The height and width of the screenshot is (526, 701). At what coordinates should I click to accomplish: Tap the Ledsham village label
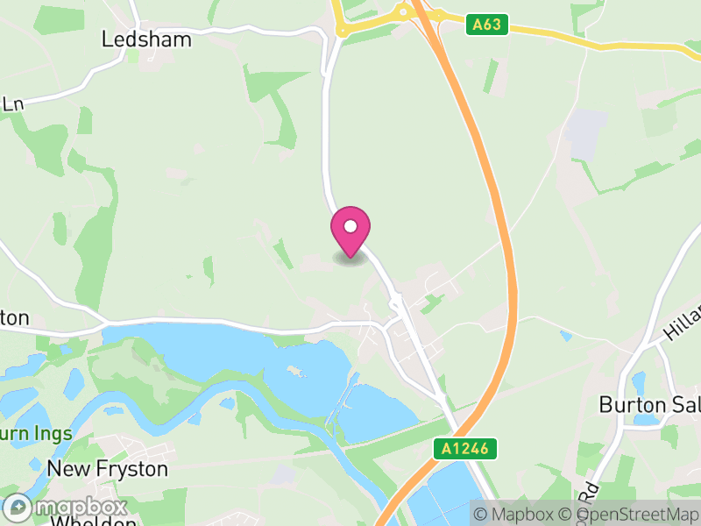click(x=146, y=39)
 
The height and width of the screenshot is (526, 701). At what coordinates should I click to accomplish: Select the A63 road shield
click(x=486, y=25)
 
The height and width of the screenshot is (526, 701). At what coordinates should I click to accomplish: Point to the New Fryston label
click(x=107, y=469)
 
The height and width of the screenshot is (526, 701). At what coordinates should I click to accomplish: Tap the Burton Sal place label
click(x=649, y=404)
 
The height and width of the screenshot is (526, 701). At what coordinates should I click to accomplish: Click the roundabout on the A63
click(x=402, y=11)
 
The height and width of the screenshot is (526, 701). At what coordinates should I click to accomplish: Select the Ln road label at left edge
click(x=11, y=103)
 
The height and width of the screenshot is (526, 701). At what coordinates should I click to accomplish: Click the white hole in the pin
click(x=350, y=226)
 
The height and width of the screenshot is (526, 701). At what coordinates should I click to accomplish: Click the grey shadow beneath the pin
click(x=350, y=259)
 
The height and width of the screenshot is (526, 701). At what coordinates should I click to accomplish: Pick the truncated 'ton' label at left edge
click(x=15, y=317)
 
